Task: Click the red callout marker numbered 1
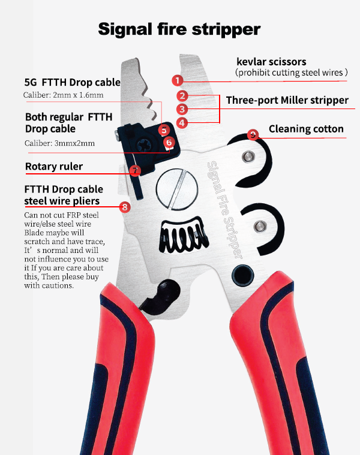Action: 178,80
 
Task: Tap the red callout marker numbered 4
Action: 182,123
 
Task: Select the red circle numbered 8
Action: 125,207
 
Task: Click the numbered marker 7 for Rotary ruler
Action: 135,170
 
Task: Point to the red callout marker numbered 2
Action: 182,95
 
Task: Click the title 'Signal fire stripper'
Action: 179,29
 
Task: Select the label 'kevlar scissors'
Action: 271,62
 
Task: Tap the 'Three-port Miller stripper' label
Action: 287,100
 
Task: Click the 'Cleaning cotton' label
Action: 306,129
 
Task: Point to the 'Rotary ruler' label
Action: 54,166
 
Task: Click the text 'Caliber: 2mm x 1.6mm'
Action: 63,95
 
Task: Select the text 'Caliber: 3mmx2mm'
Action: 59,143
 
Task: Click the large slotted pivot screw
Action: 177,189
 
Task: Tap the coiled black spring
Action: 184,234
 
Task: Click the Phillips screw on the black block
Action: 144,145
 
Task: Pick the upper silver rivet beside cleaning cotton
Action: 248,156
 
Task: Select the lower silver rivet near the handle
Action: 260,227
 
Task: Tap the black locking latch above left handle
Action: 160,296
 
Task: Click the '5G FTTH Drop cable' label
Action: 72,82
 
